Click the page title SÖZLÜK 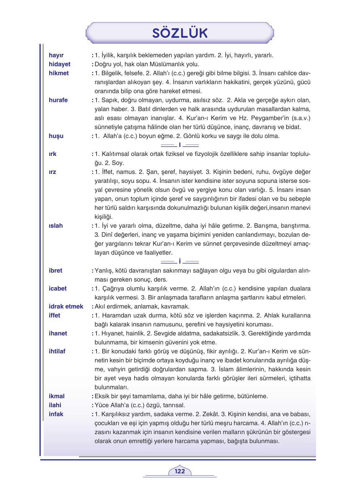click(x=180, y=33)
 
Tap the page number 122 click(x=180, y=471)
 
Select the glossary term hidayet click(x=59, y=64)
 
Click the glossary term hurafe click(x=58, y=100)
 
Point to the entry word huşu click(x=56, y=136)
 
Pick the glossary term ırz click(x=52, y=172)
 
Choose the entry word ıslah click(x=56, y=226)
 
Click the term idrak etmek click(x=66, y=306)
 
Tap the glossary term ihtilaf click(x=57, y=351)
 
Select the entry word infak click(x=56, y=414)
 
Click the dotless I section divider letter click(x=180, y=145)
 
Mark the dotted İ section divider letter click(x=180, y=261)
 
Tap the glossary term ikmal click(x=57, y=396)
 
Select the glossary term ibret click(x=55, y=270)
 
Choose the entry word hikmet click(x=59, y=73)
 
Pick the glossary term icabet click(x=58, y=288)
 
